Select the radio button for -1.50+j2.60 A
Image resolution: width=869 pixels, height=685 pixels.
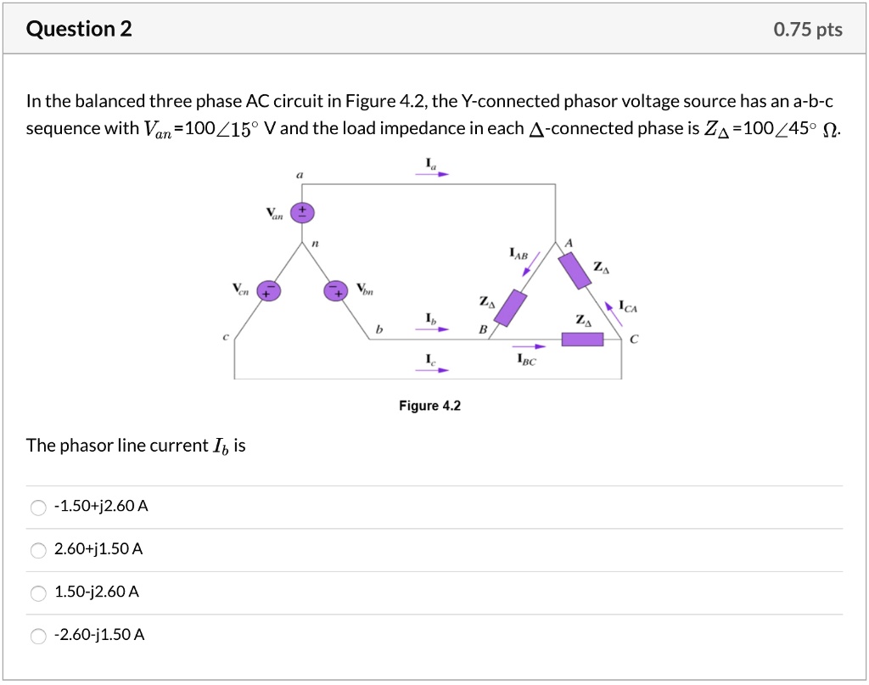click(38, 508)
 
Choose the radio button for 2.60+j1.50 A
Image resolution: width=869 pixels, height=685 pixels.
click(38, 550)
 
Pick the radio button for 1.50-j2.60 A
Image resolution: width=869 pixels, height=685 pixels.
click(38, 592)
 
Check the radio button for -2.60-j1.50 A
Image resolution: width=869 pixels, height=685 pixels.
click(38, 636)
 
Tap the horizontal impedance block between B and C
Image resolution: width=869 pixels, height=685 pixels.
click(582, 340)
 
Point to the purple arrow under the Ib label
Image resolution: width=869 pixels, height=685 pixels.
click(431, 330)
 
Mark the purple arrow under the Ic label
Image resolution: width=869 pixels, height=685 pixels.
click(431, 370)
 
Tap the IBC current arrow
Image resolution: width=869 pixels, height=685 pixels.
click(528, 346)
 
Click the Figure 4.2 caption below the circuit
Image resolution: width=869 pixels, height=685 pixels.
click(429, 406)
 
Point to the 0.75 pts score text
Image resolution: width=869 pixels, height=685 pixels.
click(808, 30)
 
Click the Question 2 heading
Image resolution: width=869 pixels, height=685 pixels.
click(79, 30)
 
